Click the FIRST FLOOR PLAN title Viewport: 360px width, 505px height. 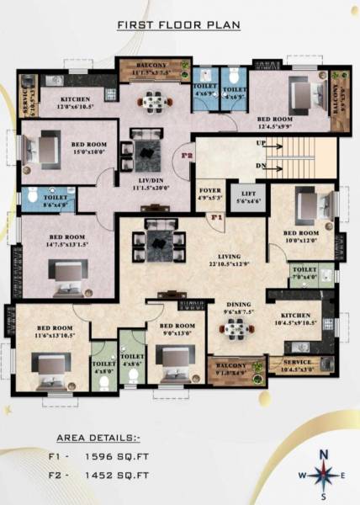[x=179, y=25]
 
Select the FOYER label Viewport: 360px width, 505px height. [x=209, y=194]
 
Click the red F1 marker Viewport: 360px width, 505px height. [x=215, y=219]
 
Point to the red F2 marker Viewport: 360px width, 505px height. [x=188, y=156]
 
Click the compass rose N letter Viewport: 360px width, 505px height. [x=323, y=455]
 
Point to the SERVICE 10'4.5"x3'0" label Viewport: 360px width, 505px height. [x=296, y=364]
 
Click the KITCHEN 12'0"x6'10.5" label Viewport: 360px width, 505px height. [x=76, y=104]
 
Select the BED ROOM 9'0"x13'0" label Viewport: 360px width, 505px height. [x=177, y=329]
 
